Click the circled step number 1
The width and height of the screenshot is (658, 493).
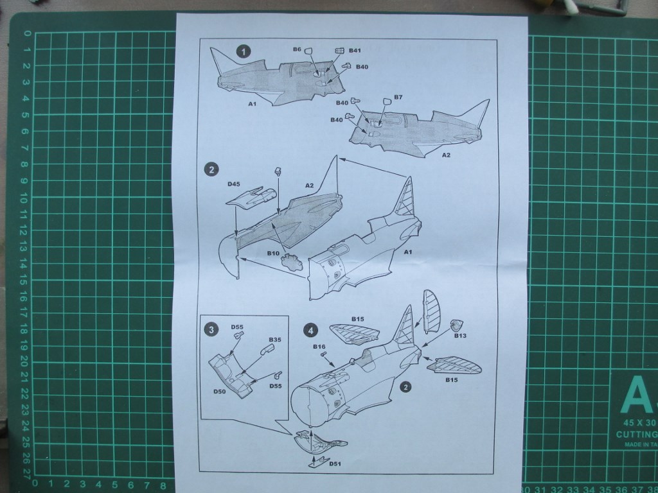coord(243,51)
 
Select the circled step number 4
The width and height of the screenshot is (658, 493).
coord(311,331)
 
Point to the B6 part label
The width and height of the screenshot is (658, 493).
coord(297,49)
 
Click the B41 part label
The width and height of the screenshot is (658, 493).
coord(355,50)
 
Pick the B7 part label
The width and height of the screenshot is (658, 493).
coord(398,98)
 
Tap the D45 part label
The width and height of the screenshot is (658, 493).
coord(234,184)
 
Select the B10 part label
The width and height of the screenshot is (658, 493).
coord(273,254)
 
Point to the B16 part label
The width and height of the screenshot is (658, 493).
coord(319,347)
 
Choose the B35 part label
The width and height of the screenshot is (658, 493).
coord(275,339)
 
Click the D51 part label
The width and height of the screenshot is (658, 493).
coord(334,464)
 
